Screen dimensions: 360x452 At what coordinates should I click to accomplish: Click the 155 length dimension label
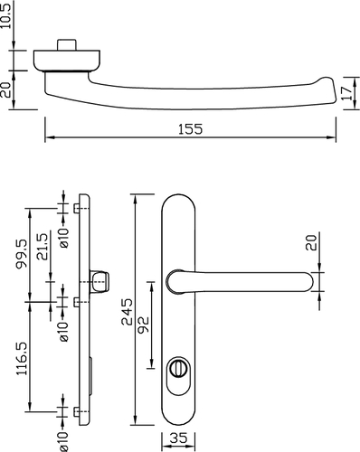tap(191, 129)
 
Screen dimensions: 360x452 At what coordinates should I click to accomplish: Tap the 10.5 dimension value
tap(6, 14)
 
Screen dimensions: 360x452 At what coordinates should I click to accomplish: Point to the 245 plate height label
tap(127, 312)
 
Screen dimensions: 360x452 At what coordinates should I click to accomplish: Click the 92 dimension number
tap(143, 325)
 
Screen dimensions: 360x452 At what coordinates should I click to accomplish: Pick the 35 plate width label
tap(178, 438)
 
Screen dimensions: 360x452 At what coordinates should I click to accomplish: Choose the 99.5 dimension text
tap(22, 253)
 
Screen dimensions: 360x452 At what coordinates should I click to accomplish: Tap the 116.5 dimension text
tap(22, 358)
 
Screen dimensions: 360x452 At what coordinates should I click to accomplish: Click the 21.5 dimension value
tap(42, 247)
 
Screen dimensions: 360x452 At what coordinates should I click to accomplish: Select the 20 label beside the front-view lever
tap(311, 242)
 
